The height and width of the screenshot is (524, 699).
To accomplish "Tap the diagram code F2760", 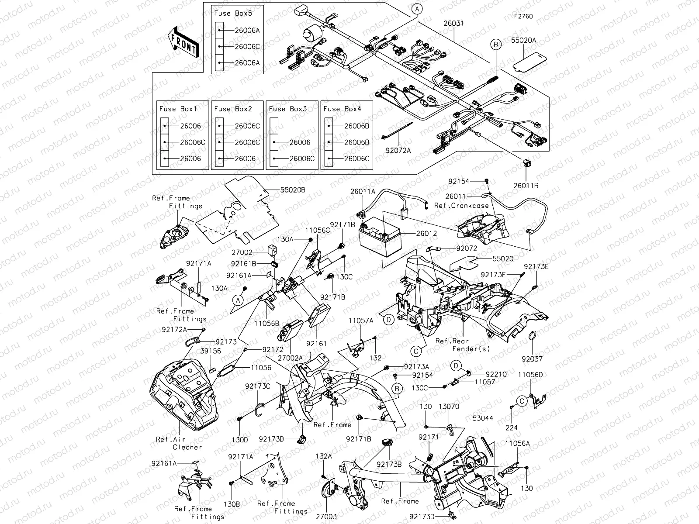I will [523, 17].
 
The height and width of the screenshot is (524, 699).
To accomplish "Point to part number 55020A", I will [523, 40].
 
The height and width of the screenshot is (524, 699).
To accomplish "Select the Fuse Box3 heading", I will [288, 109].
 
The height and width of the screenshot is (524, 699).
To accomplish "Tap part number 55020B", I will [292, 190].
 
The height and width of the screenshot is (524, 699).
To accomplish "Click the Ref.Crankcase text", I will [461, 205].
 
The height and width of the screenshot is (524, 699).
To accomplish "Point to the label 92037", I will [532, 359].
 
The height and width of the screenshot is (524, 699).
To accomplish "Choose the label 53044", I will [483, 418].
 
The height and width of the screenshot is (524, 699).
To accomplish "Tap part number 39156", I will [211, 351].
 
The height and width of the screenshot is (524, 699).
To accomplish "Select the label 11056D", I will [530, 375].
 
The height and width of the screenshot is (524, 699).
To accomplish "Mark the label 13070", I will [449, 407].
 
